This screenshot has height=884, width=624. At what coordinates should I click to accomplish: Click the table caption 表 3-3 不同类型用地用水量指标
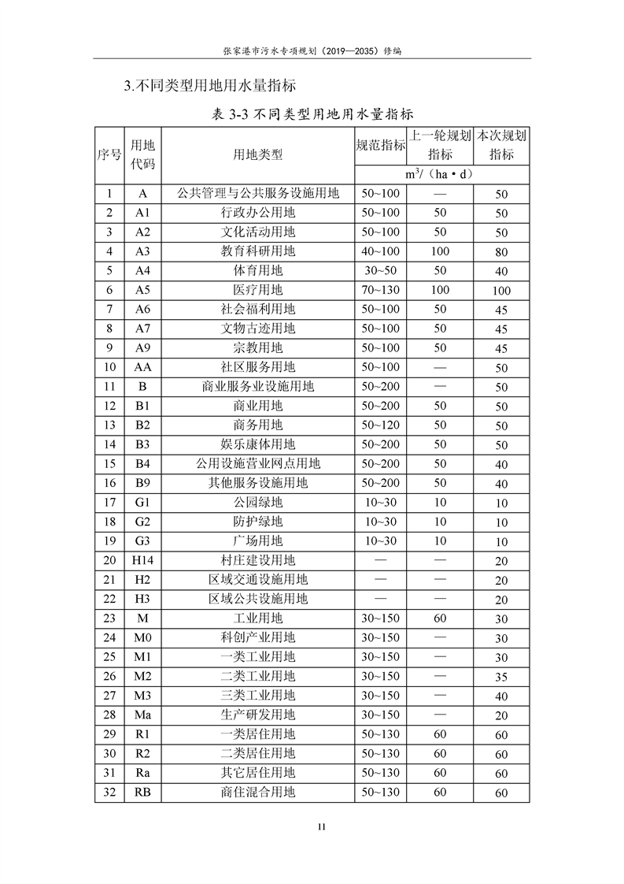(x=312, y=115)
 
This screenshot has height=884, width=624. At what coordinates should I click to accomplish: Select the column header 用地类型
(x=258, y=154)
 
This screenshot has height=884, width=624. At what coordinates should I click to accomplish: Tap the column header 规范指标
(x=381, y=145)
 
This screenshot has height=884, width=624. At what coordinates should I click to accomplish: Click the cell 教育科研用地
(x=258, y=251)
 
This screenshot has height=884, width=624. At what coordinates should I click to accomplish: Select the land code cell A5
(x=142, y=290)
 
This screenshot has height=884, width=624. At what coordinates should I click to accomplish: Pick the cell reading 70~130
(x=381, y=290)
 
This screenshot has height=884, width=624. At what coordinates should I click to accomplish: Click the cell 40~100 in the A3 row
(x=381, y=251)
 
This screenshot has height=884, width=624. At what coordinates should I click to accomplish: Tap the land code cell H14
(x=142, y=560)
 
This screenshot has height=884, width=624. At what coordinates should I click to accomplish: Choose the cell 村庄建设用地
(x=258, y=560)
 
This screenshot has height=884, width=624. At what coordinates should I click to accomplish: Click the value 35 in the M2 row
(x=501, y=677)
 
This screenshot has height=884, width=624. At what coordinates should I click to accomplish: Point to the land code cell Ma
(x=142, y=715)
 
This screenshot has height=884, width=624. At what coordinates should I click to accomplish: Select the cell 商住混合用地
(x=258, y=792)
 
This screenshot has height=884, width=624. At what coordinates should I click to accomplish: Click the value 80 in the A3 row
(x=501, y=252)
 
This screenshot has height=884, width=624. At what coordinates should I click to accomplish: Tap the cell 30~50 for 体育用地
(x=381, y=270)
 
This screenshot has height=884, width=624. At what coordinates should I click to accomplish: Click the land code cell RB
(x=142, y=792)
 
